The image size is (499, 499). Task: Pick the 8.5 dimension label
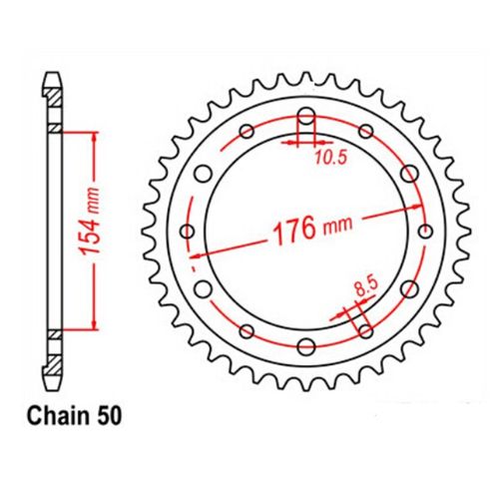pyautogui.click(x=366, y=288)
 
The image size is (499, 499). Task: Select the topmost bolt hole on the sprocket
pyautogui.click(x=305, y=113)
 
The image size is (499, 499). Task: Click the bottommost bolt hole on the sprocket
pyautogui.click(x=305, y=347)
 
